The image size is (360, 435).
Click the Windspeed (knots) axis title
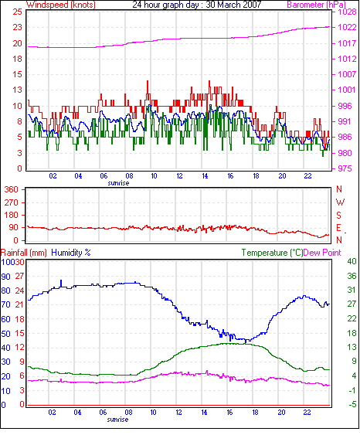tap(61, 5)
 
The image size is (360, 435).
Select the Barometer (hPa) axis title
tap(316, 5)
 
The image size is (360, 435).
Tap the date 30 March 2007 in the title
tap(233, 5)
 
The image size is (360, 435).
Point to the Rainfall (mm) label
tap(24, 253)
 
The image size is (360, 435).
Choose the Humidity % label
tap(71, 253)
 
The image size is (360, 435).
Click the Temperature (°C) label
tap(272, 253)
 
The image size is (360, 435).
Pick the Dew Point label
tap(322, 253)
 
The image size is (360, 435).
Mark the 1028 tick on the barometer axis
tap(347, 12)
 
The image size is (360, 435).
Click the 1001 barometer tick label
tap(347, 90)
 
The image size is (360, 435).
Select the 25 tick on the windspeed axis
tap(18, 12)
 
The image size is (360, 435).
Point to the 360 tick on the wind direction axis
tap(12, 190)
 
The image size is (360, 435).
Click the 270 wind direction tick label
tap(12, 202)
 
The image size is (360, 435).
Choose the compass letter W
tap(340, 202)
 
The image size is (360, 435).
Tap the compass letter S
tap(338, 216)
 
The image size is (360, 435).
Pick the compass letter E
tap(338, 228)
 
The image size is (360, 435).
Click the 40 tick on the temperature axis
tap(352, 261)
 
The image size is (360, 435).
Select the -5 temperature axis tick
tap(352, 405)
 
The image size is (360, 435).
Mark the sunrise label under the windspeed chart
tap(118, 183)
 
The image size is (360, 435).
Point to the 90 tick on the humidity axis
tap(6, 277)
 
